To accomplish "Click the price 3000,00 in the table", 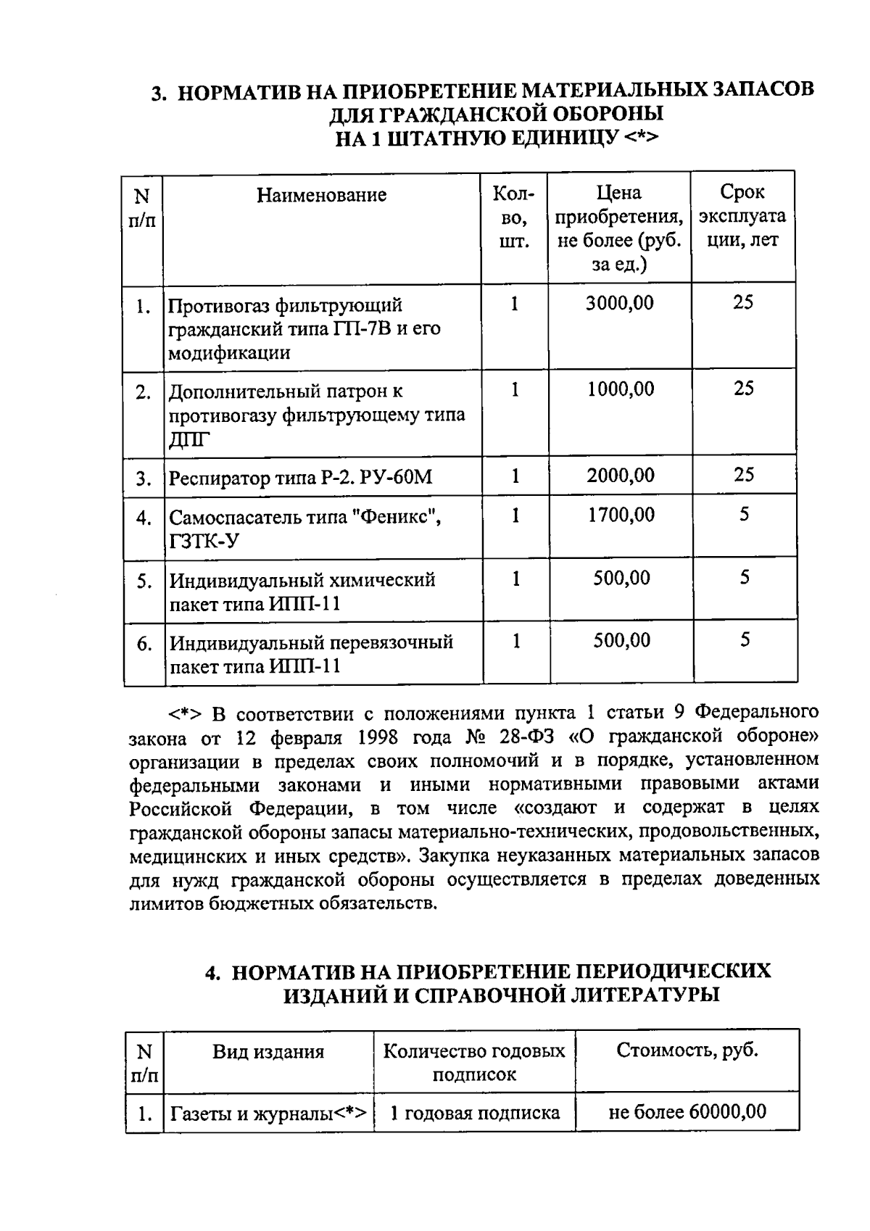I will pyautogui.click(x=619, y=303).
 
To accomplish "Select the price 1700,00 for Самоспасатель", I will pyautogui.click(x=620, y=515).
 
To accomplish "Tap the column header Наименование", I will pyautogui.click(x=322, y=195).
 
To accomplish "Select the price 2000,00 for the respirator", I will pyautogui.click(x=620, y=476).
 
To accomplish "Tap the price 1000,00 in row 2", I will pyautogui.click(x=620, y=389).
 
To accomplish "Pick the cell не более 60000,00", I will pyautogui.click(x=687, y=1111).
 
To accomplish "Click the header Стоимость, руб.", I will pyautogui.click(x=687, y=1050).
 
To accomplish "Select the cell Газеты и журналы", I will pyautogui.click(x=268, y=1113).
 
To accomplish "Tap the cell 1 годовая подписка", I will pyautogui.click(x=475, y=1113).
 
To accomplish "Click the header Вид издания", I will pyautogui.click(x=268, y=1051).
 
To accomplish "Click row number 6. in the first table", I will pyautogui.click(x=144, y=644).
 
